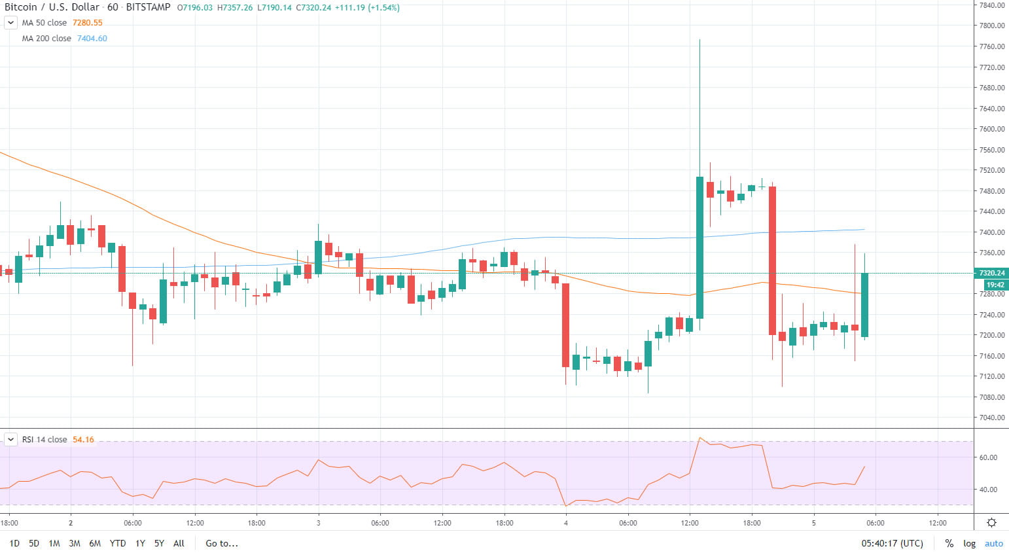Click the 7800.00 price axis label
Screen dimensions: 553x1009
pos(992,26)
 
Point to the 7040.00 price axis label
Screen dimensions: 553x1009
pos(992,418)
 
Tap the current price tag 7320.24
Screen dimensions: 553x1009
pos(991,273)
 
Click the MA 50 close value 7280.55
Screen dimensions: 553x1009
pos(88,23)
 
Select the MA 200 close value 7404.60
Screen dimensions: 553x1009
pos(92,39)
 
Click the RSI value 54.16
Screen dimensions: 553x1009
pos(83,440)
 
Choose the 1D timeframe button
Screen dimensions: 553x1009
pos(14,543)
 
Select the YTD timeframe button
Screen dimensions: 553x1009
pos(118,543)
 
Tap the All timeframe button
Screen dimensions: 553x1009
pos(179,543)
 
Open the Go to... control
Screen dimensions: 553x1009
pos(222,543)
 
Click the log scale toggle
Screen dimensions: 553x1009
pos(969,543)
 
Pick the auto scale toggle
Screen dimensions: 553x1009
pos(993,543)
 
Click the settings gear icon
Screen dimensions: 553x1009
pos(991,522)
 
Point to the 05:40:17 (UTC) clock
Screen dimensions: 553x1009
pos(892,543)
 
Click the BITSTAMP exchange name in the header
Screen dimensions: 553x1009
pos(148,7)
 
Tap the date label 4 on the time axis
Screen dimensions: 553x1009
pos(566,523)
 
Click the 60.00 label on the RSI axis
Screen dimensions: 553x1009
pos(988,457)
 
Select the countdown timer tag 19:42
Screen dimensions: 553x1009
pos(995,285)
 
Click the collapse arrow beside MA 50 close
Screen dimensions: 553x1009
pos(10,23)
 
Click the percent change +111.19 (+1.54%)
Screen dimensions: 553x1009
pos(367,8)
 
